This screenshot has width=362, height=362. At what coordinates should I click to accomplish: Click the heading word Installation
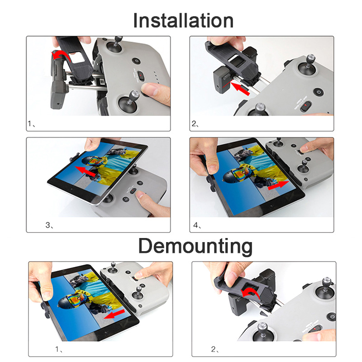pyautogui.click(x=183, y=21)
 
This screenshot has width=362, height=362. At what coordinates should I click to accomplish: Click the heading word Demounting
pyautogui.click(x=195, y=246)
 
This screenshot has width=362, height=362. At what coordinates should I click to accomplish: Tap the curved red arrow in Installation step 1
pyautogui.click(x=61, y=55)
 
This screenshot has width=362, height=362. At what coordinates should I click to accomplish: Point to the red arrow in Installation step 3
pyautogui.click(x=85, y=171)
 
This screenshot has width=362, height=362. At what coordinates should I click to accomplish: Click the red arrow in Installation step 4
pyautogui.click(x=278, y=186)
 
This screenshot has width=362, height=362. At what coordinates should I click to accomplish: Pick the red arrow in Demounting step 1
pyautogui.click(x=114, y=314)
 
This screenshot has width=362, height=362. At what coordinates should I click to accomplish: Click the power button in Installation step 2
pyautogui.click(x=319, y=92)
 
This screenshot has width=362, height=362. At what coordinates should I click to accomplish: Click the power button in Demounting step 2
pyautogui.click(x=332, y=317)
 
